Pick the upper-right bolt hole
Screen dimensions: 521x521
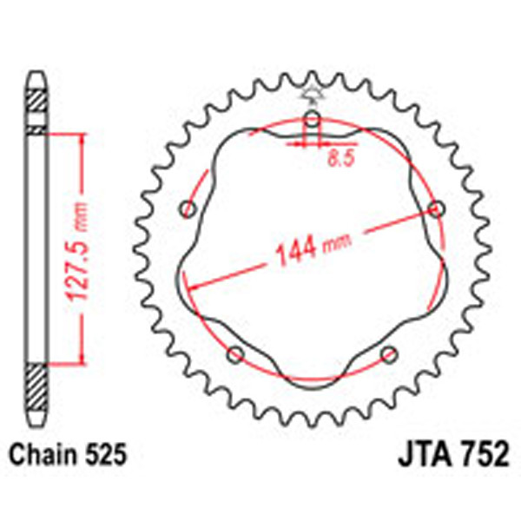pyautogui.click(x=437, y=208)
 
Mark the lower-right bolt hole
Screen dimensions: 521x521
pyautogui.click(x=389, y=353)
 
